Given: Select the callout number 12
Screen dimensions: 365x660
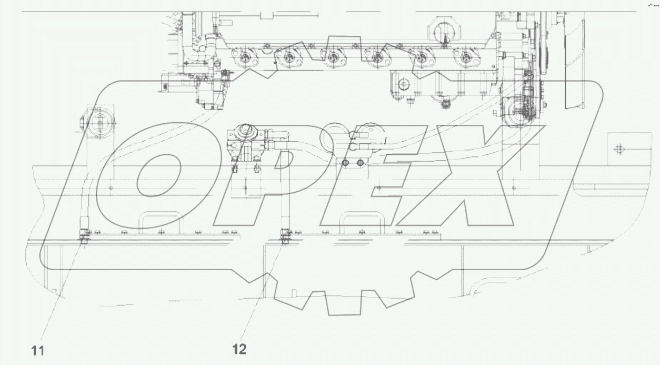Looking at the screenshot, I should (239, 348).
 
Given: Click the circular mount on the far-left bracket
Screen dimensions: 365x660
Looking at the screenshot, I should (99, 124).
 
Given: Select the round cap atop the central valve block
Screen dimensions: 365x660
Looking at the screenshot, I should (244, 130).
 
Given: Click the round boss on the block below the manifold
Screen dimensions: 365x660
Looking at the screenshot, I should (404, 84).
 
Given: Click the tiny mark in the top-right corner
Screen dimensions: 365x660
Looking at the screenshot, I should (653, 5).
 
